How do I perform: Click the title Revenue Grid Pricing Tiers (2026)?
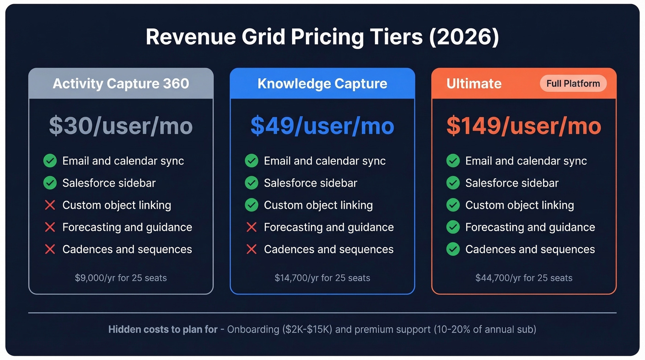tap(322, 37)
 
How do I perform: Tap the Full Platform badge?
tap(573, 83)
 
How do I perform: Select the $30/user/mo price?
tap(121, 126)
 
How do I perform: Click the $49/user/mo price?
tap(322, 126)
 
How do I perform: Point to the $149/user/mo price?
tap(524, 126)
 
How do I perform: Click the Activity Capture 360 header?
tap(121, 83)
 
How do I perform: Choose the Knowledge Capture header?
tap(322, 83)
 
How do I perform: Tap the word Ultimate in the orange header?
tap(474, 83)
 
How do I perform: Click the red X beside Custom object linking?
tap(50, 205)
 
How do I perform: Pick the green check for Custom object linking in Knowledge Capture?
tap(252, 205)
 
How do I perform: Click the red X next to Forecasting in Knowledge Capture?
tap(252, 227)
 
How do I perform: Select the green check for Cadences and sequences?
tap(453, 249)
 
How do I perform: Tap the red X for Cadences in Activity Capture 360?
tap(50, 249)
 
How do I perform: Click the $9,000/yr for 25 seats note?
tap(121, 278)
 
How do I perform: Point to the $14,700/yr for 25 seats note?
tap(322, 278)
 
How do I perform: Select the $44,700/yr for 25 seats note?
tap(524, 278)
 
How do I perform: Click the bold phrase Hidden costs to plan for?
tap(163, 330)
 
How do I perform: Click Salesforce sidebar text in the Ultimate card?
tap(511, 183)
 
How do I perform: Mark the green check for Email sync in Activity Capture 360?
tap(50, 161)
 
